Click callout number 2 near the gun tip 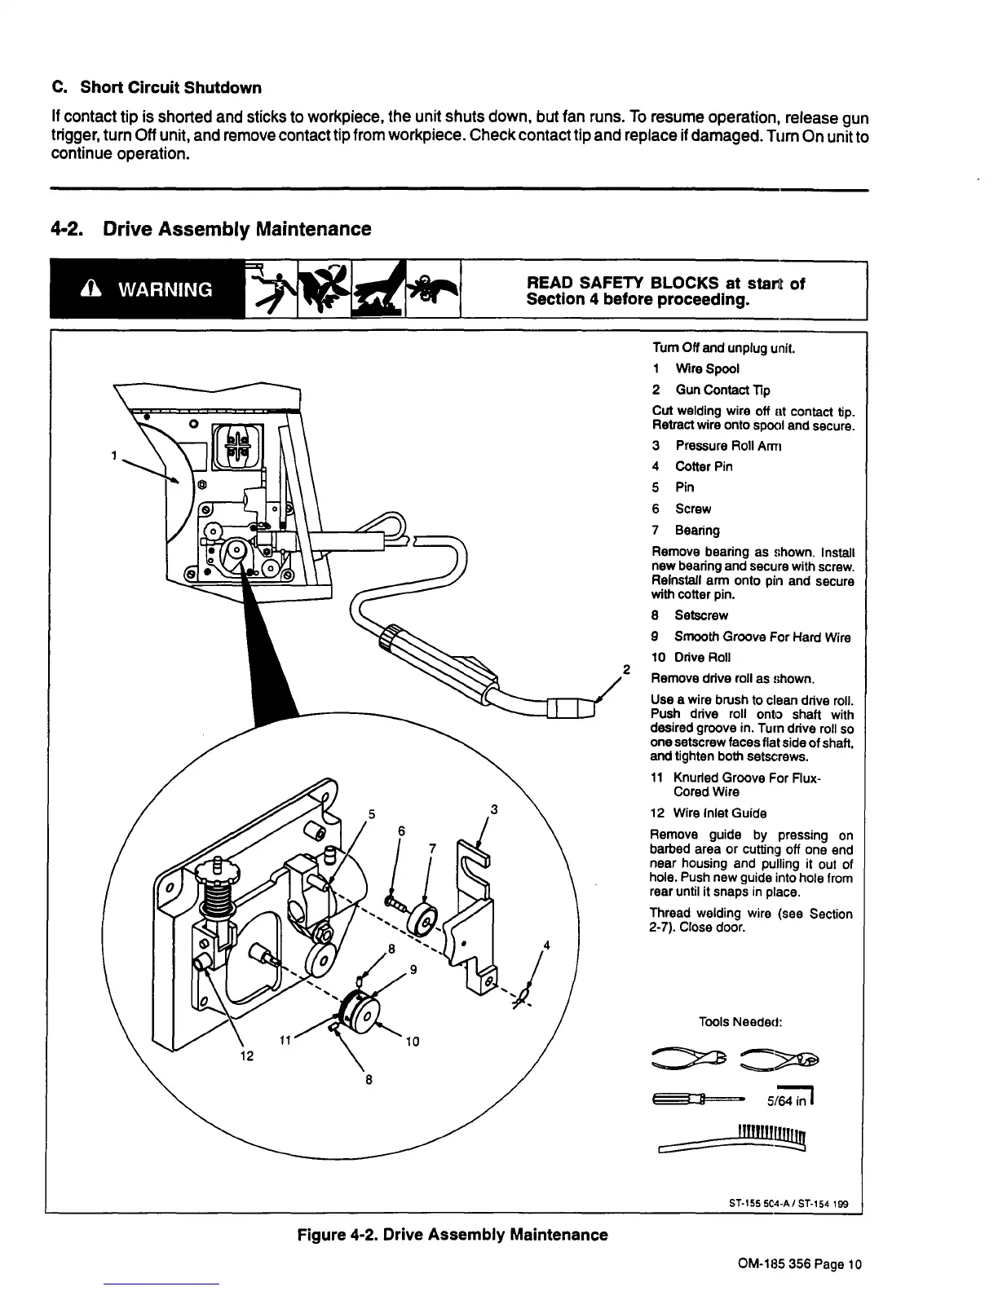coord(626,670)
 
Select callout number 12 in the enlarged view coord(247,1056)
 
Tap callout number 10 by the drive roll coord(412,1041)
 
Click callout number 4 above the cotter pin coord(547,945)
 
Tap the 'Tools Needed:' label coord(740,1022)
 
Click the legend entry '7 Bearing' coord(686,531)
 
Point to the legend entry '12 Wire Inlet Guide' coord(709,813)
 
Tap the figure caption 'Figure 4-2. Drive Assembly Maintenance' coord(453,1235)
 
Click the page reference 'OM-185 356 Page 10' coord(799,1265)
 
